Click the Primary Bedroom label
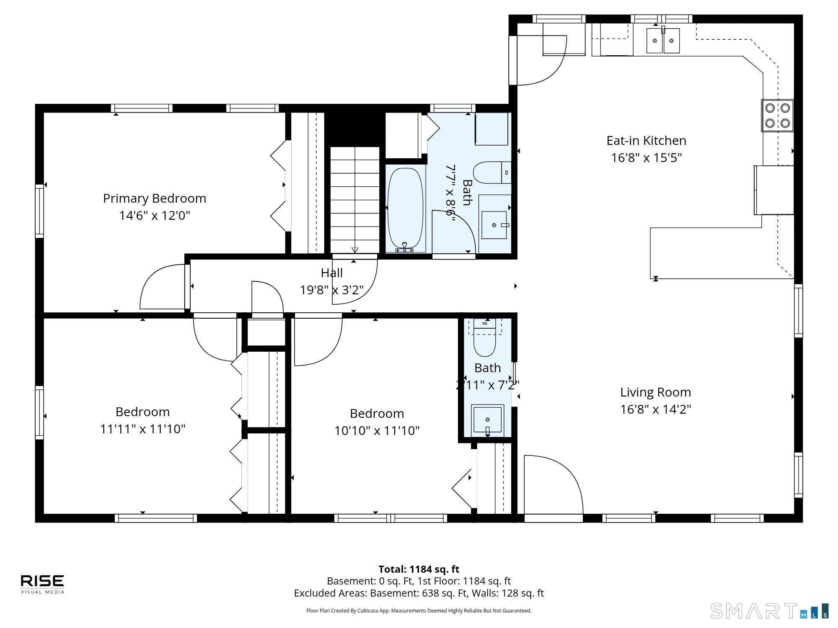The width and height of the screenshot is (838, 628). click(155, 198)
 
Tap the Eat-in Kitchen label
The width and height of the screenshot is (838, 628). click(646, 140)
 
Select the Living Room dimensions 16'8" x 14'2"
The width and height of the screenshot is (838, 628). click(655, 409)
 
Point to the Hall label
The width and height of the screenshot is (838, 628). click(331, 273)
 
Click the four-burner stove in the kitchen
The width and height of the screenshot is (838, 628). click(777, 116)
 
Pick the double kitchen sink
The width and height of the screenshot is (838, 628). click(663, 41)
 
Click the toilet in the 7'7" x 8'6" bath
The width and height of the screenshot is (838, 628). click(492, 172)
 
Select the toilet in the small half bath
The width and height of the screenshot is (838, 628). click(485, 337)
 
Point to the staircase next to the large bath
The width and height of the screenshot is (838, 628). click(354, 200)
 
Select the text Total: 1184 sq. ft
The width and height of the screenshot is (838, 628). click(419, 569)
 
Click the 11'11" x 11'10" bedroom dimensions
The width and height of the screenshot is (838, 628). click(142, 429)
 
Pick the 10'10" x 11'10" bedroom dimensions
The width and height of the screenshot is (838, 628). click(377, 430)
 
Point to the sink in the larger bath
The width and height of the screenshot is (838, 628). click(494, 225)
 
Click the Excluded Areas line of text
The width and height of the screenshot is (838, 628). click(419, 593)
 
